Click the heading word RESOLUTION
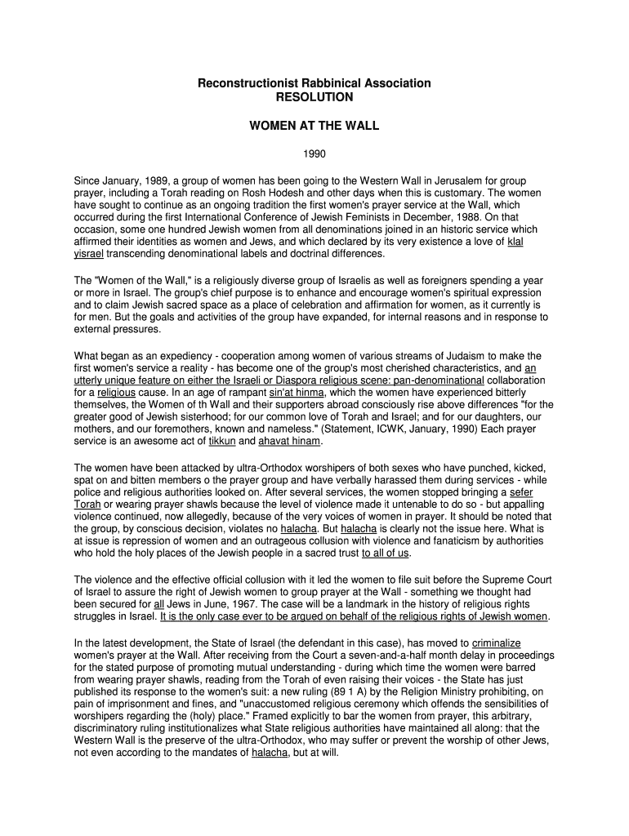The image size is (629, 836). [x=314, y=97]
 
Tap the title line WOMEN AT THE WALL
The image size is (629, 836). [x=314, y=127]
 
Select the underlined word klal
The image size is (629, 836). [x=515, y=242]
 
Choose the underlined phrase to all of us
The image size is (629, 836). [x=386, y=553]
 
